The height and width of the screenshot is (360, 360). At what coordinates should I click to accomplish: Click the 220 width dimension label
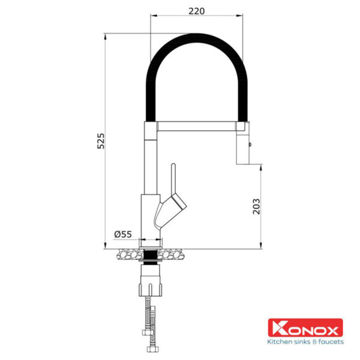[x=197, y=11]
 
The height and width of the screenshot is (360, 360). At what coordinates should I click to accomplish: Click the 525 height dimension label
[x=101, y=141]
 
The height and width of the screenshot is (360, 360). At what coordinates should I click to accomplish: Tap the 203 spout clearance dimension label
[x=256, y=206]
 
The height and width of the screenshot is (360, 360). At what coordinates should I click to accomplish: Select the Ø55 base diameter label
[x=123, y=234]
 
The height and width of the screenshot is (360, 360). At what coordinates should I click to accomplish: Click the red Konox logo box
[x=305, y=328]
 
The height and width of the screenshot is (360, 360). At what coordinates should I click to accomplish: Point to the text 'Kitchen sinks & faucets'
[x=305, y=341]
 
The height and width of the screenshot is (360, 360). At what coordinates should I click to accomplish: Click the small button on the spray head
[x=250, y=145]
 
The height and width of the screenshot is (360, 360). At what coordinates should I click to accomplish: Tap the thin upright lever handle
[x=173, y=179]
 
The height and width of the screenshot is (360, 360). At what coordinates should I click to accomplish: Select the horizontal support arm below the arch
[x=197, y=126]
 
